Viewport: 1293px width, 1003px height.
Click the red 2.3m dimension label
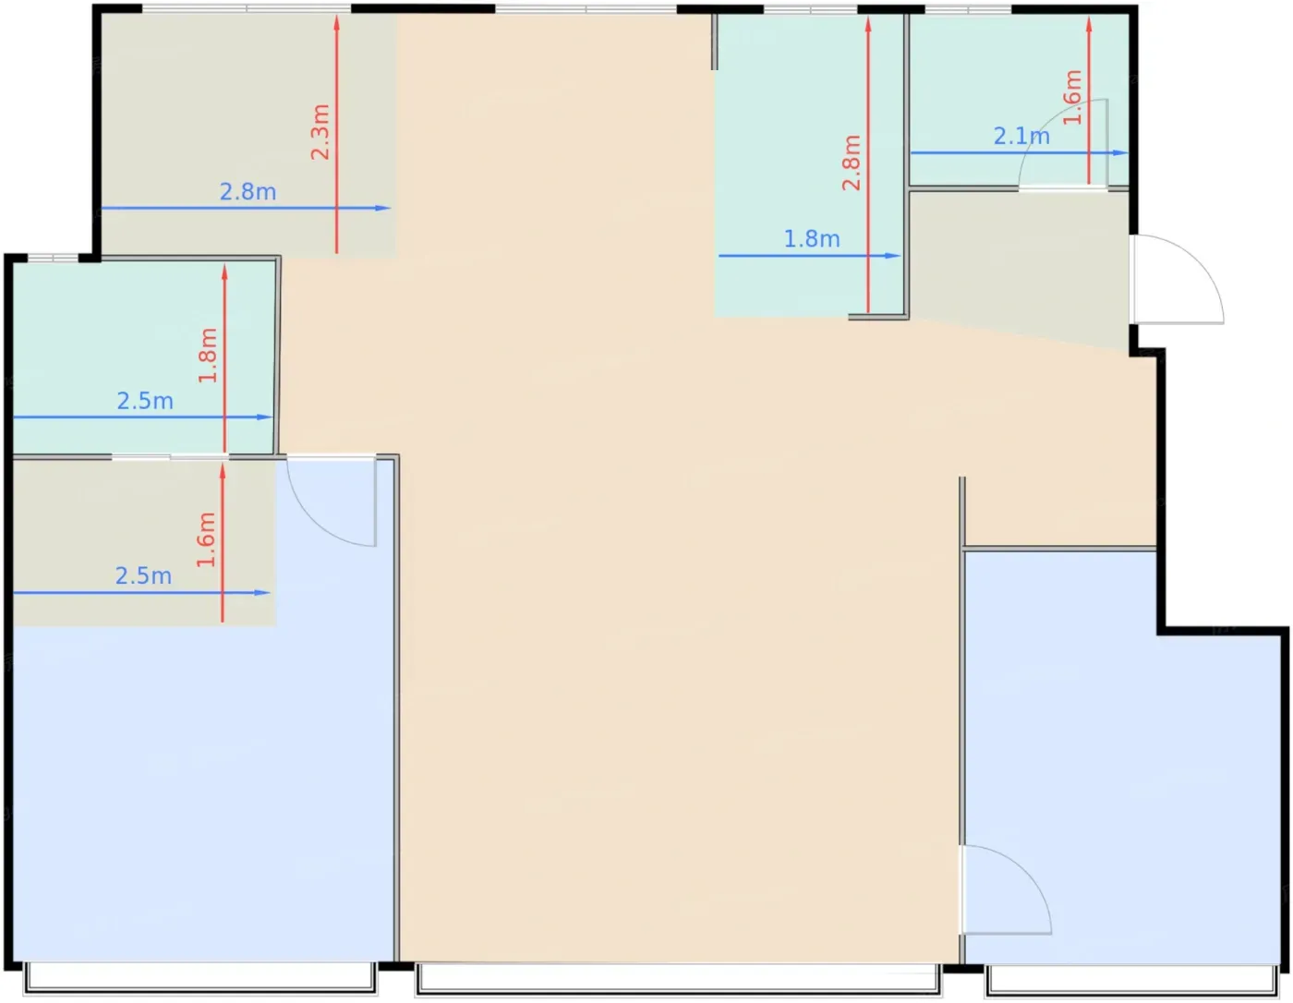[320, 131]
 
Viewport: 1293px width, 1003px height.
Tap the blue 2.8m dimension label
[248, 191]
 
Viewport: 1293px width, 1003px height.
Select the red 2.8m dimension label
[852, 163]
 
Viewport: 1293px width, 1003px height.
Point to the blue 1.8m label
[812, 238]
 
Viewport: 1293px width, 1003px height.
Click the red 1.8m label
[208, 356]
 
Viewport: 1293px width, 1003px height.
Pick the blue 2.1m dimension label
[1021, 137]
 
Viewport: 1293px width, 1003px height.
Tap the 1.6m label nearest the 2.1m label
[1071, 97]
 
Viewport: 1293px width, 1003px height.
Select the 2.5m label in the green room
[145, 401]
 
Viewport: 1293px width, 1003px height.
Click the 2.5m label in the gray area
[143, 576]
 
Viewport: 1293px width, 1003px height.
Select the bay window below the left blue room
[199, 977]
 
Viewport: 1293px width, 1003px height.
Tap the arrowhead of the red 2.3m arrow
[337, 22]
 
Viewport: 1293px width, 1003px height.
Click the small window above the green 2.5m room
[54, 258]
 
